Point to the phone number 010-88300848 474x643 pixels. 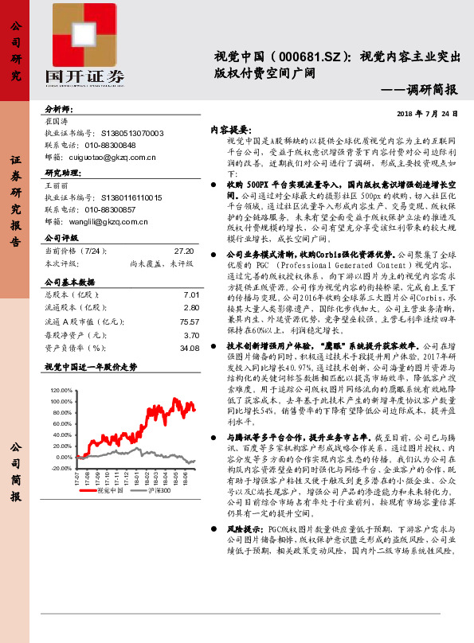coord(110,146)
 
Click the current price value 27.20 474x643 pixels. coord(185,250)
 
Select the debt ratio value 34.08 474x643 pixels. coord(189,348)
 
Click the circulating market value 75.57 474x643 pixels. coord(189,321)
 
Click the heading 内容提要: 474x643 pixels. coord(230,128)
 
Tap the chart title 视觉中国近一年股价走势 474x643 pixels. coord(91,367)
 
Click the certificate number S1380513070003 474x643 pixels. coord(131,134)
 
